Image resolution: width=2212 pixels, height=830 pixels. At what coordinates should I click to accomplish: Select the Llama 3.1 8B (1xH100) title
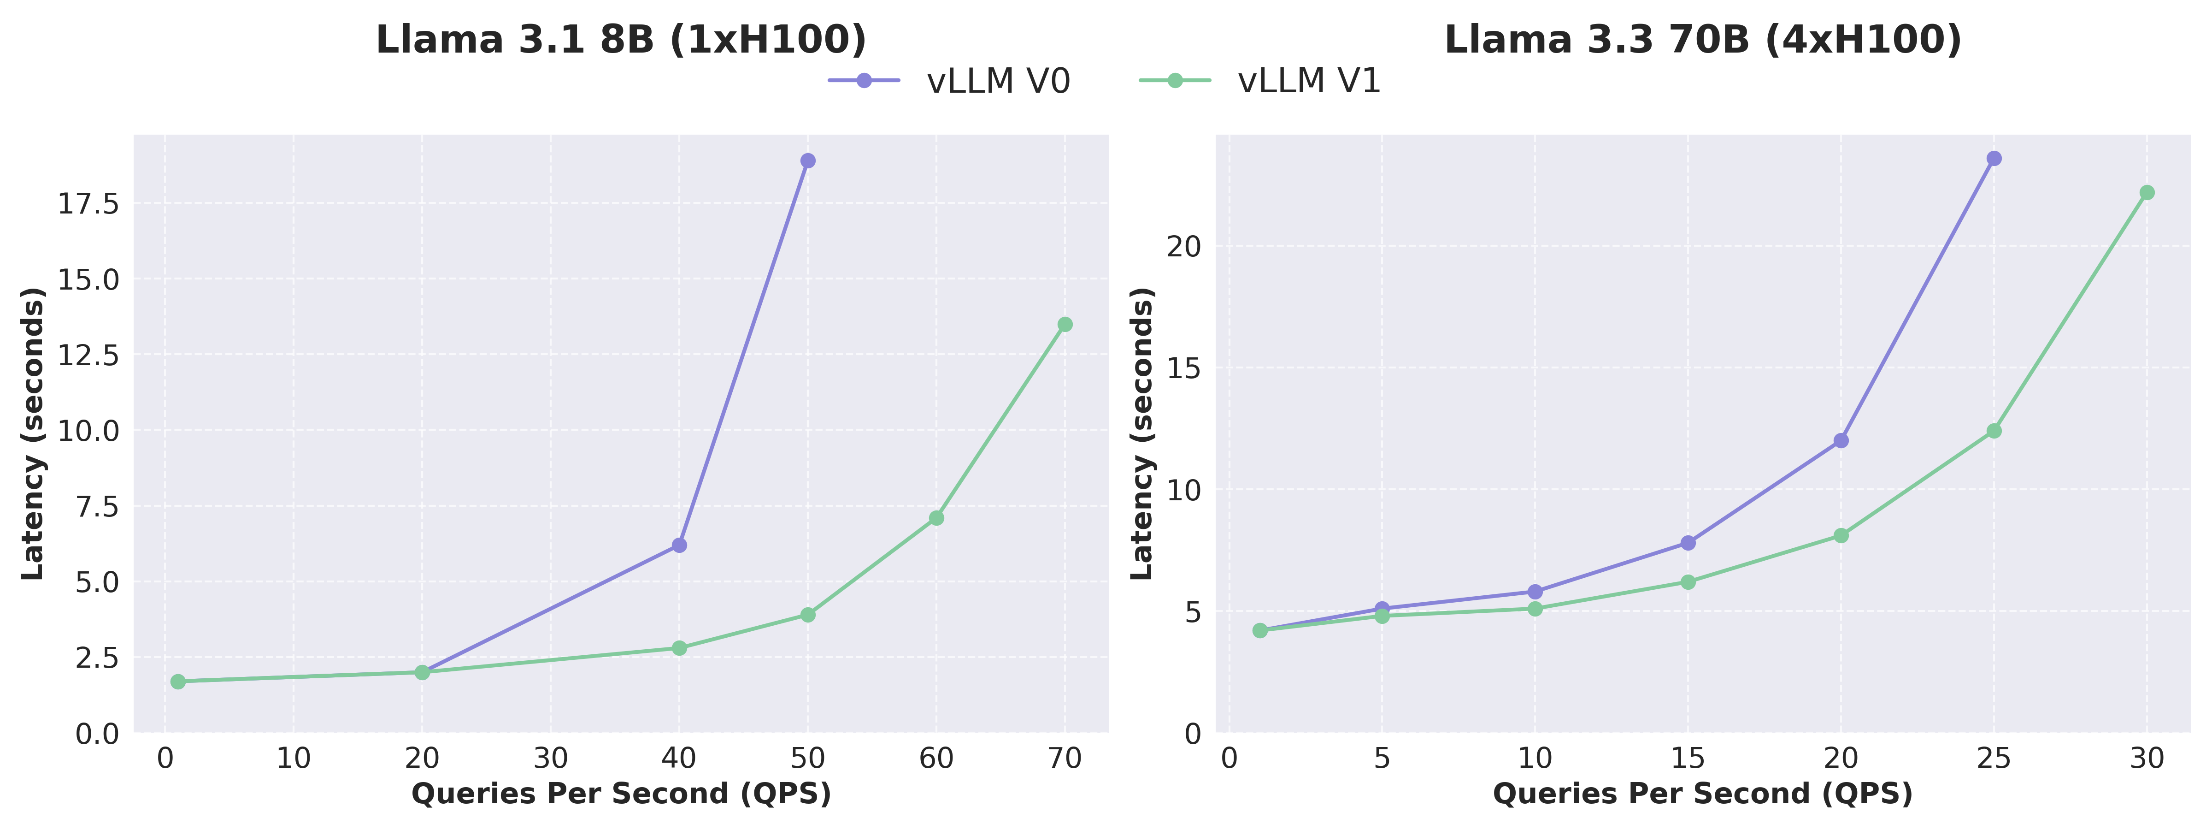click(621, 41)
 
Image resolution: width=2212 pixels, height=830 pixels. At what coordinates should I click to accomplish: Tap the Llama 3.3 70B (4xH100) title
click(1703, 41)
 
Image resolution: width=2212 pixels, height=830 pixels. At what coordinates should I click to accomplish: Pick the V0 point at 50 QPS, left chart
click(808, 160)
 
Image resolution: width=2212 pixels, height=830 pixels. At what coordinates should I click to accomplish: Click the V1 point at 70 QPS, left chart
click(1065, 324)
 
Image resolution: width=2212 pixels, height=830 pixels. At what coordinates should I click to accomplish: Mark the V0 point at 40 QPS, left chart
click(679, 545)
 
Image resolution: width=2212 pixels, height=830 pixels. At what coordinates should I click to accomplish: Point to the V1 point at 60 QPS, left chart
click(936, 518)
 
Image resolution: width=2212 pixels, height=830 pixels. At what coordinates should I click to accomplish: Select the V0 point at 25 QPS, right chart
click(1994, 158)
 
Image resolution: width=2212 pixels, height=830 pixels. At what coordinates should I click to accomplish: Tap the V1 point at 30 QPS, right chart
click(2147, 192)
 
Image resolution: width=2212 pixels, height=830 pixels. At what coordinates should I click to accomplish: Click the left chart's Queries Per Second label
click(621, 794)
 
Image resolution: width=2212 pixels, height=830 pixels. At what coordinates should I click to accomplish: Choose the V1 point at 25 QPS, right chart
click(1994, 431)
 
